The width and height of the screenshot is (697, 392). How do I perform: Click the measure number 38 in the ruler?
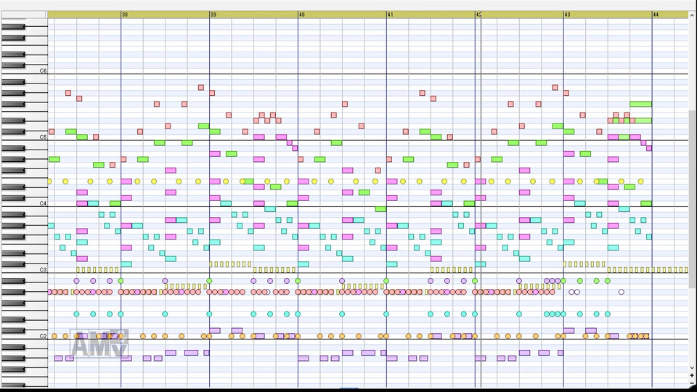[125, 15]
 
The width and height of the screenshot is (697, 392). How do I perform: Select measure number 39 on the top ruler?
[213, 15]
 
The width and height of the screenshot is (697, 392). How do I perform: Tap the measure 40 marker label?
[301, 15]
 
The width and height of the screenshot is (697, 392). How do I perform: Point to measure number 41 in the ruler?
[390, 15]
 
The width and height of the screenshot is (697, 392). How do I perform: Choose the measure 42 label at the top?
[478, 15]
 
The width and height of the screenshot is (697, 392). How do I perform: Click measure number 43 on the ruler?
[567, 15]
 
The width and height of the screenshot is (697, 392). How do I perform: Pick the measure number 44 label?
[656, 15]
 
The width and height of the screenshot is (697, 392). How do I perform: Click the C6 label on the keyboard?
[43, 71]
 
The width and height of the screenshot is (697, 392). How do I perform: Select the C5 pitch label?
[43, 137]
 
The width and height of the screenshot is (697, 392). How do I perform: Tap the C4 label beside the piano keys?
[43, 204]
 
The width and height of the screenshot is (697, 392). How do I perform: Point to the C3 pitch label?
[43, 270]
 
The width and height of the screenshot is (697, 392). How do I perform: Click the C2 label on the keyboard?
[43, 336]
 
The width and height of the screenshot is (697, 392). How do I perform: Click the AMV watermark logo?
[99, 344]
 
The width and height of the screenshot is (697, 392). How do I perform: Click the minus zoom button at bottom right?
[691, 384]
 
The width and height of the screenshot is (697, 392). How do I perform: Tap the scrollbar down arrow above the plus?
[691, 368]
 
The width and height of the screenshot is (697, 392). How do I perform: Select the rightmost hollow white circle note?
[621, 292]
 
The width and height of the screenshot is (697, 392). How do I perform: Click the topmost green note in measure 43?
[640, 104]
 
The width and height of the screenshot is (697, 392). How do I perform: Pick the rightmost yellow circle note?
[640, 181]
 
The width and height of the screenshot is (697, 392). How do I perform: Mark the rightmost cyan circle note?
[608, 314]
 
